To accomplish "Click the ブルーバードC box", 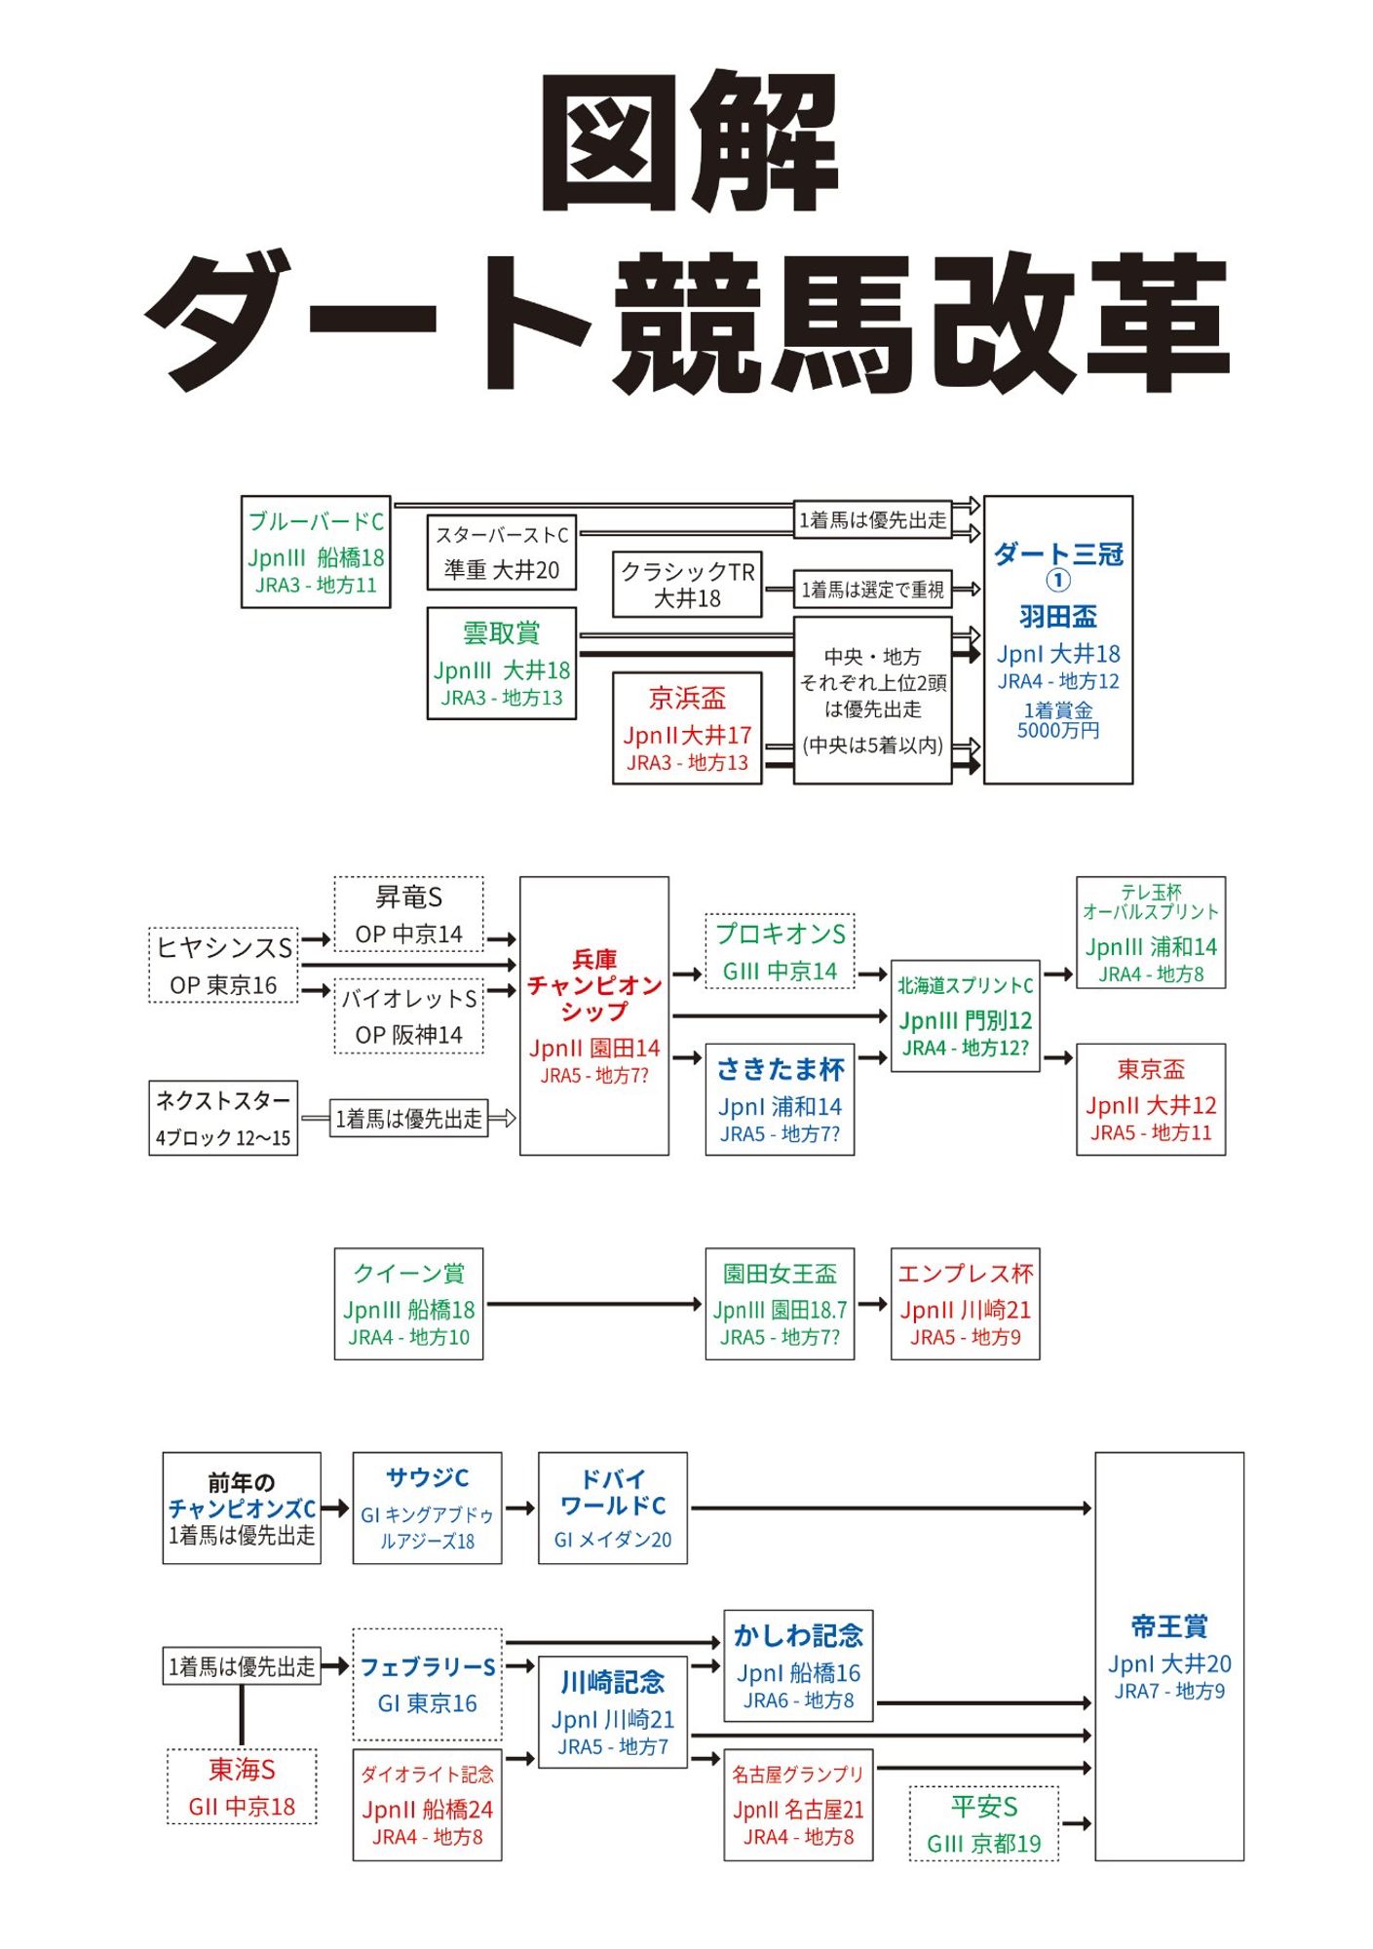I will (x=316, y=552).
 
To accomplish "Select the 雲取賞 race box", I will (x=501, y=664).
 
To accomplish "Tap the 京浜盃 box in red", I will (x=687, y=728).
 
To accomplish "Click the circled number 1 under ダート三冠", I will (x=1058, y=581).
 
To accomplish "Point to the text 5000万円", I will (x=1058, y=731).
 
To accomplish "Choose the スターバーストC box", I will (x=501, y=553).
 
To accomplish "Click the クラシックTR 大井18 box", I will (x=687, y=585).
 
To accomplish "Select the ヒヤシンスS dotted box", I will (x=223, y=965).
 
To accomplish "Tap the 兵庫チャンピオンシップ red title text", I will (x=594, y=985).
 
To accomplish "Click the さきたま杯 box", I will (x=780, y=1100).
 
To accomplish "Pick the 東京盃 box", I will (x=1151, y=1100).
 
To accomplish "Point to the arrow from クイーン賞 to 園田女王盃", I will (x=594, y=1304).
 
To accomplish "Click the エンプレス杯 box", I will (x=965, y=1304).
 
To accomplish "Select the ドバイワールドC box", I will (x=613, y=1509).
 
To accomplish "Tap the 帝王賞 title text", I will (x=1169, y=1626).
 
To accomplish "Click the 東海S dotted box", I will (x=242, y=1787).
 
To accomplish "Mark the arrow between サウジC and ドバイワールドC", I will (x=520, y=1509).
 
